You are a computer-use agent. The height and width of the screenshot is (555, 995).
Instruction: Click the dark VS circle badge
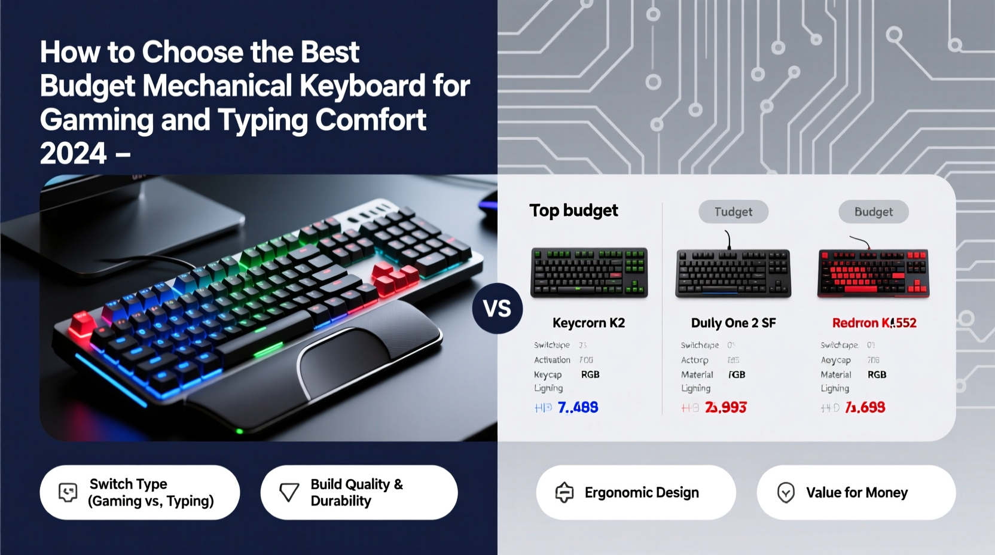[x=497, y=309]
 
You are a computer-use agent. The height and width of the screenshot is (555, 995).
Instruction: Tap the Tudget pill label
[x=733, y=212]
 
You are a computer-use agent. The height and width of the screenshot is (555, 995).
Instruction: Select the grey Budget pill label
[x=873, y=212]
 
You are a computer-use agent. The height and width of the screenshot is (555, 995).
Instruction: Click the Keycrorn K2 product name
[x=588, y=323]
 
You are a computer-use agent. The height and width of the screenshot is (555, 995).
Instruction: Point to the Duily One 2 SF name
[x=733, y=323]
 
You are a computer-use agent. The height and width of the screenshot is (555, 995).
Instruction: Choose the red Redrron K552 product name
[x=874, y=323]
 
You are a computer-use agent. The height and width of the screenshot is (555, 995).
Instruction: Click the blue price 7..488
[x=578, y=407]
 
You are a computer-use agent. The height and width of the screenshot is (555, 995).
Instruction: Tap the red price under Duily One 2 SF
[x=725, y=407]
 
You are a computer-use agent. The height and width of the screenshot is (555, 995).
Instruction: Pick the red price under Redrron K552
[x=865, y=407]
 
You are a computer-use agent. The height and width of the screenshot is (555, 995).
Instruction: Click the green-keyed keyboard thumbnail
[x=589, y=273]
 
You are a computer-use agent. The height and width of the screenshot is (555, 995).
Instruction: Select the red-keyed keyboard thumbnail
[x=873, y=273]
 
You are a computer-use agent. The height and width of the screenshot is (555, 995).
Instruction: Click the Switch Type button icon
[x=68, y=492]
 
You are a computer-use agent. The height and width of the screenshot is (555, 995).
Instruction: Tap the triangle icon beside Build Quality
[x=289, y=492]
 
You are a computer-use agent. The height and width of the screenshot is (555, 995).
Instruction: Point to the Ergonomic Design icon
[x=564, y=492]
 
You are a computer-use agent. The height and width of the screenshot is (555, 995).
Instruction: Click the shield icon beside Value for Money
[x=785, y=493]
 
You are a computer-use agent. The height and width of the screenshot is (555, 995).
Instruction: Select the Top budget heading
[x=573, y=211]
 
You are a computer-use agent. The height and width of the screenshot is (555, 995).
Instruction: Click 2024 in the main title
[x=73, y=154]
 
